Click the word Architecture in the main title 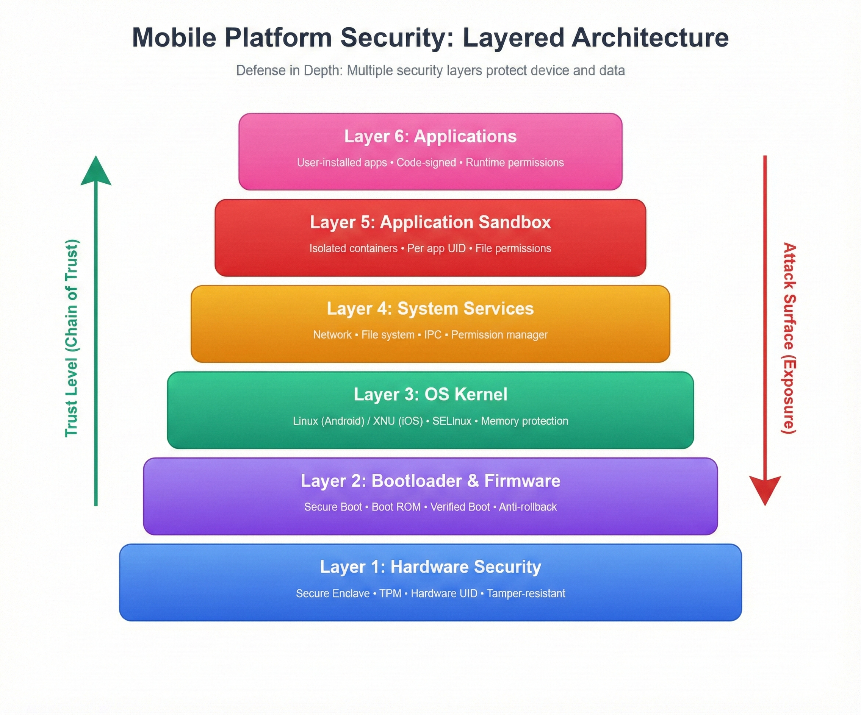pos(650,38)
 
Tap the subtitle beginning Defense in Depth pos(430,70)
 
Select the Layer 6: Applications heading pos(430,136)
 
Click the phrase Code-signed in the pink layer pos(426,163)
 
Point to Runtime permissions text pos(515,163)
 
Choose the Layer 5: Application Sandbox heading pos(430,222)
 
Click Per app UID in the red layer pos(436,249)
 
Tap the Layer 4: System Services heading pos(430,309)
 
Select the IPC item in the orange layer pos(432,335)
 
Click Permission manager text pos(499,335)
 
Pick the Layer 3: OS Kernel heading pos(430,395)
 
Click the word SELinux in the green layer pos(452,421)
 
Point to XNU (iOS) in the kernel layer pos(398,421)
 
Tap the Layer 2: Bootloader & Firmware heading pos(430,481)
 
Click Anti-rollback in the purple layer pos(528,507)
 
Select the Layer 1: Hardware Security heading pos(430,567)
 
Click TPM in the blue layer pos(390,594)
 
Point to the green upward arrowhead pos(96,172)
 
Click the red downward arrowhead pos(765,490)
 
